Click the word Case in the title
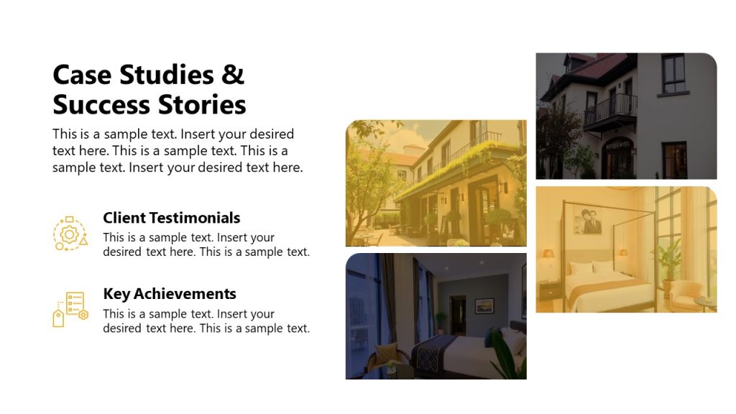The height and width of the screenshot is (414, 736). (82, 75)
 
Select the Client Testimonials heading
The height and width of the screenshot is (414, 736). (171, 218)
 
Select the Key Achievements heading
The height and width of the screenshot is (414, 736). (169, 294)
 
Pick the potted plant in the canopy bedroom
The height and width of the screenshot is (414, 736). (669, 257)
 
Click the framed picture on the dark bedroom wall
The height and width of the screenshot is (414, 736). (484, 305)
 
